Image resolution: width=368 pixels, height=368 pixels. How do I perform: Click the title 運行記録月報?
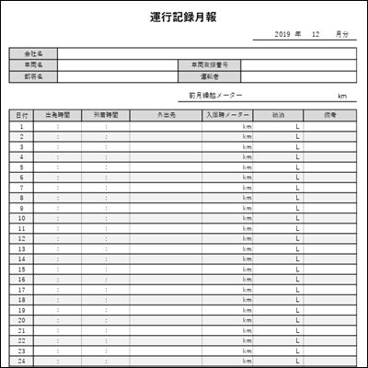click(x=183, y=17)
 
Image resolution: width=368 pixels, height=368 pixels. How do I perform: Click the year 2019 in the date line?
click(x=282, y=34)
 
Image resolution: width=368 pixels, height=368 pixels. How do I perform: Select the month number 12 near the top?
click(x=316, y=34)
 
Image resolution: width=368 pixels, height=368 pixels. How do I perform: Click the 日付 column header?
click(x=21, y=115)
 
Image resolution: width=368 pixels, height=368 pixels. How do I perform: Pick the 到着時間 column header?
click(x=105, y=115)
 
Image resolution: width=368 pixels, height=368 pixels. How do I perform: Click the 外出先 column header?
click(x=166, y=115)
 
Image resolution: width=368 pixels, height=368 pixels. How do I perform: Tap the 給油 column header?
click(x=278, y=115)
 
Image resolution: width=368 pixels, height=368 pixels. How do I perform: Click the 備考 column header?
click(x=329, y=115)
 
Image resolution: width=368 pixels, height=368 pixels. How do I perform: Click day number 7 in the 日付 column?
click(x=21, y=188)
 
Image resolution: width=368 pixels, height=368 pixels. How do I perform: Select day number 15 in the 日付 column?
click(x=21, y=270)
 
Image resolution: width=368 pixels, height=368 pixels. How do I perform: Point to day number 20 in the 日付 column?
click(x=21, y=320)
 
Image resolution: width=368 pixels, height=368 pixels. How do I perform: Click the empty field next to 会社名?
click(x=207, y=54)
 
